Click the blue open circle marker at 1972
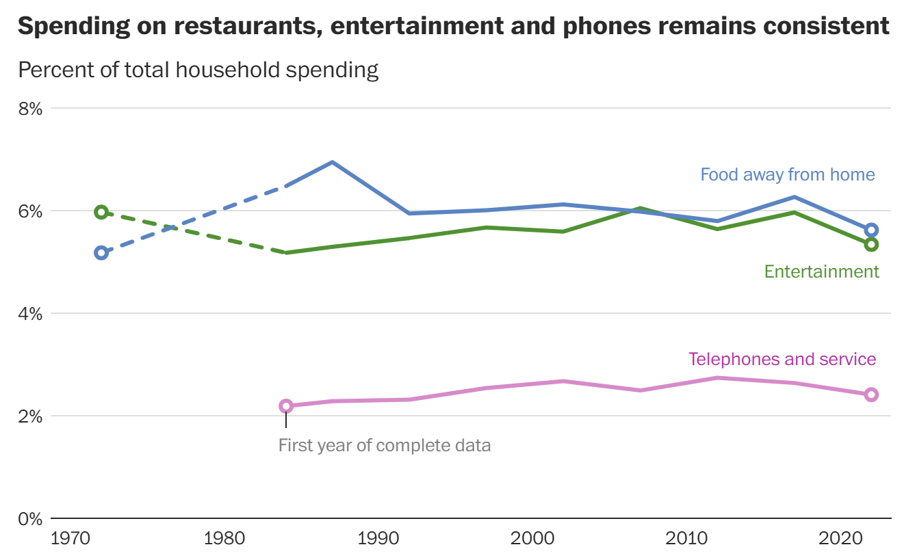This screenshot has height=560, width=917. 101,253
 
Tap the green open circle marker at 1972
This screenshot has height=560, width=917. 101,212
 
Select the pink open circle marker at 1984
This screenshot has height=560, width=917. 286,406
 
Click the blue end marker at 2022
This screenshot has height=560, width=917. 871,230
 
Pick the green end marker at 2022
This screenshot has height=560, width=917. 871,244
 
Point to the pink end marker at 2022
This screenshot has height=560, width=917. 871,395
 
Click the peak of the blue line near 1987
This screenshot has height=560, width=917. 332,162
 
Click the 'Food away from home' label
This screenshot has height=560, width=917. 787,174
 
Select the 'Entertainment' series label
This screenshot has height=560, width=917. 821,271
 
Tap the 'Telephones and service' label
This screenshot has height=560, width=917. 782,359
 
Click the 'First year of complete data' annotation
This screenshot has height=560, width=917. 385,446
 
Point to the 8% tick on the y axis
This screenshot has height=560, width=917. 31,108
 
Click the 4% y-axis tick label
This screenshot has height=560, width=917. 31,313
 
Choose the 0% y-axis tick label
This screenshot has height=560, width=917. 31,518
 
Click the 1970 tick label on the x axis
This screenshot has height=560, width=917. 70,538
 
